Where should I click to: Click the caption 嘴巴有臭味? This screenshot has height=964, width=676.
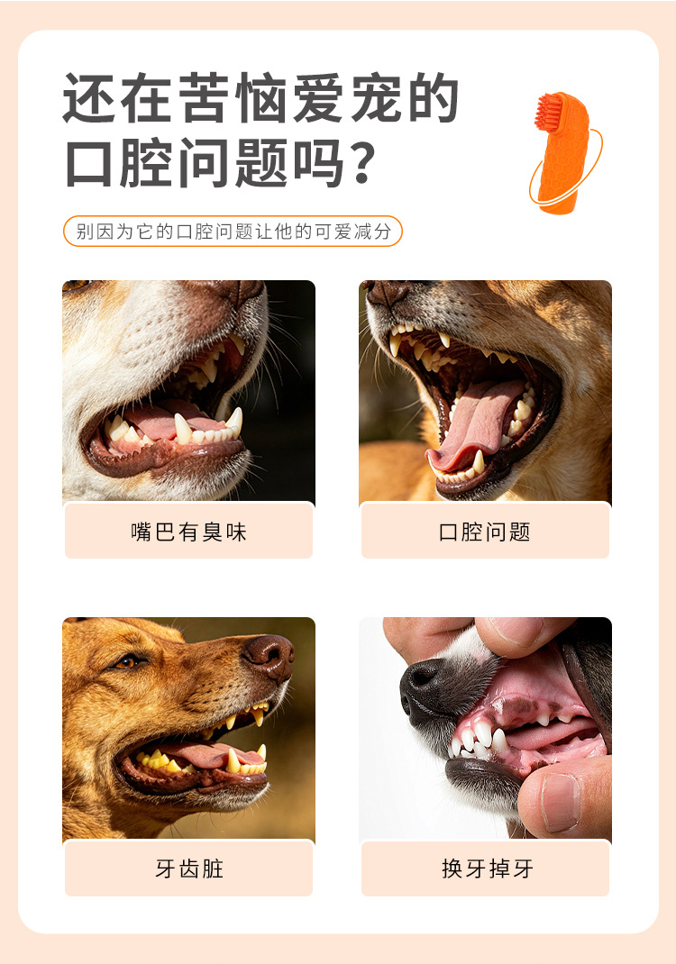pos(189,532)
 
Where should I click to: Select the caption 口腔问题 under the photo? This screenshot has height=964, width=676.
pos(485,532)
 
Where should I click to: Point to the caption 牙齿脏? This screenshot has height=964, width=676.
pos(189,869)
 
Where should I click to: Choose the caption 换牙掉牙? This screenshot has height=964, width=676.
pos(487,869)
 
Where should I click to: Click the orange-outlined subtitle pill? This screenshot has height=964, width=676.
pos(233,232)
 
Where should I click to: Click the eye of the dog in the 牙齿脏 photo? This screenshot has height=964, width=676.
pos(127,661)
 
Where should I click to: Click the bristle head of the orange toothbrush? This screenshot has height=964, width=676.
pos(549,111)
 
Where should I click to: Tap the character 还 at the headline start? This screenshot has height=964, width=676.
pos(89,98)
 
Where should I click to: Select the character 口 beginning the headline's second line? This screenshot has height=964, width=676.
pos(89,164)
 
